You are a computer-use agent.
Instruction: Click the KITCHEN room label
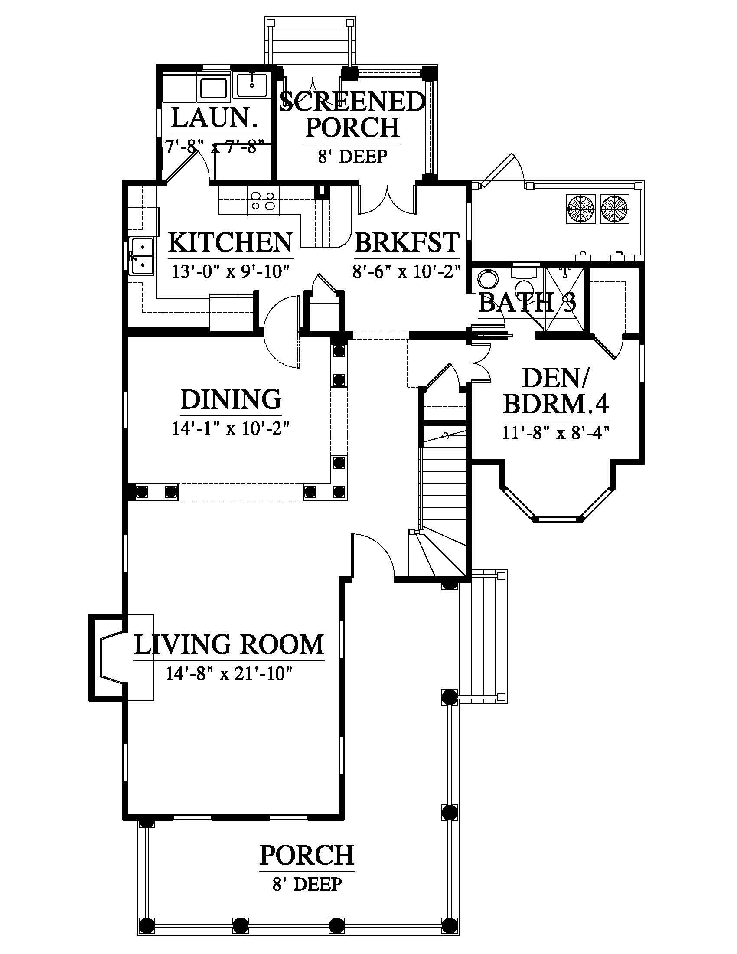pyautogui.click(x=230, y=243)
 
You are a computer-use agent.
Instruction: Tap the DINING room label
pyautogui.click(x=231, y=399)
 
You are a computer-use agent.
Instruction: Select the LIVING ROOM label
pyautogui.click(x=229, y=644)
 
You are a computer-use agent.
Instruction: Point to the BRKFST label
pyautogui.click(x=407, y=243)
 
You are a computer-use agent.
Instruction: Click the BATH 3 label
pyautogui.click(x=527, y=302)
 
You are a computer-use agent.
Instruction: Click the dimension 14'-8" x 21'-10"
pyautogui.click(x=228, y=673)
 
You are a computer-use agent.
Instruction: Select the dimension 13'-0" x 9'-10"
pyautogui.click(x=231, y=271)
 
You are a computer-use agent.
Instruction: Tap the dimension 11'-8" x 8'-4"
pyautogui.click(x=556, y=433)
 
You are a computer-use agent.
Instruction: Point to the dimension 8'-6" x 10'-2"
pyautogui.click(x=407, y=271)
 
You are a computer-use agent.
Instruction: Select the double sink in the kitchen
pyautogui.click(x=142, y=256)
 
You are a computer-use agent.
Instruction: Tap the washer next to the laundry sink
pyautogui.click(x=213, y=88)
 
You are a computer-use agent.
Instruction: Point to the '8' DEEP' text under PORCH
pyautogui.click(x=307, y=884)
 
